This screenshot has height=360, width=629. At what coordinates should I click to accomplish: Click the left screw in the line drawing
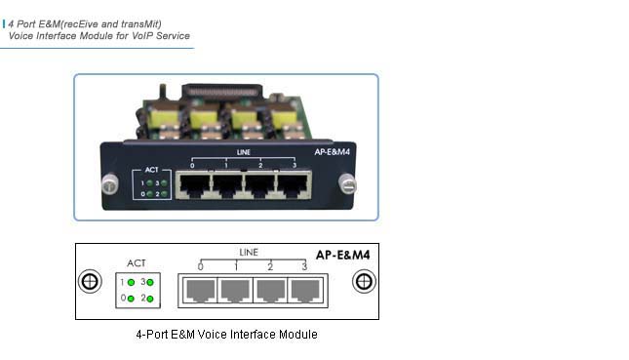90,282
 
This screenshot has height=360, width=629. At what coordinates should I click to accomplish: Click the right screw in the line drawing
364,282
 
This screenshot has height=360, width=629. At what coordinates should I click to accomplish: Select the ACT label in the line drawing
137,263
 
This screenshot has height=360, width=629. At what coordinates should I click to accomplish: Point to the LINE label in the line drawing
249,253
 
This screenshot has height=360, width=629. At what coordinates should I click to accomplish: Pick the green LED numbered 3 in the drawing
150,282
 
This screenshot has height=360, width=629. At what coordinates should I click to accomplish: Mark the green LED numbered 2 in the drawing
150,298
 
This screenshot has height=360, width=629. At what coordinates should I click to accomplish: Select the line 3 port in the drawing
304,290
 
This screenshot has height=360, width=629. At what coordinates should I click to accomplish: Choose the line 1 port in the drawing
235,290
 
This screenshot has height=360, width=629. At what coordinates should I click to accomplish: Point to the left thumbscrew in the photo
110,182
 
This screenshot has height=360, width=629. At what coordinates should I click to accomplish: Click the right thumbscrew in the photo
348,183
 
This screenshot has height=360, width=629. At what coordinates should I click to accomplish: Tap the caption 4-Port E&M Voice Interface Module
226,335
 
